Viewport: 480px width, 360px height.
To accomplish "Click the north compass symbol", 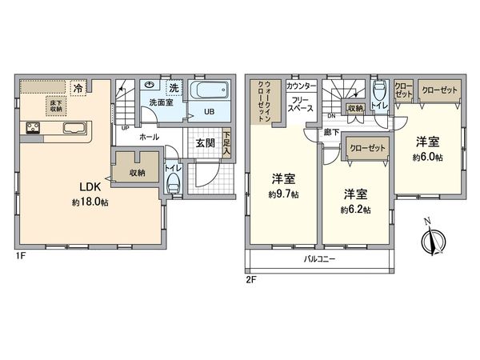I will pyautogui.click(x=433, y=238).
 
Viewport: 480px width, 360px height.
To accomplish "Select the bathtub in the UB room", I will pyautogui.click(x=210, y=90).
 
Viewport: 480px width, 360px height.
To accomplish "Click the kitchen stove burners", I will pyautogui.click(x=34, y=128).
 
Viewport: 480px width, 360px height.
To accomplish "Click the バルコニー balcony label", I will pyautogui.click(x=319, y=259).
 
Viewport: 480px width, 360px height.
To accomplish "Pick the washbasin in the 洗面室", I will pyautogui.click(x=150, y=86).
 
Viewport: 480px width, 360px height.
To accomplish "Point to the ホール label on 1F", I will pyautogui.click(x=148, y=137).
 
